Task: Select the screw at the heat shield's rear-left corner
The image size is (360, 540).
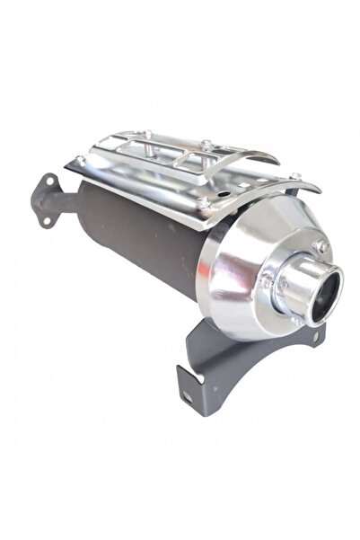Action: (x=80, y=160)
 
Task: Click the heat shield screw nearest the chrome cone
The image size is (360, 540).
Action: (x=203, y=203)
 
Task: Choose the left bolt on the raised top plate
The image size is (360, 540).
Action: (x=145, y=135)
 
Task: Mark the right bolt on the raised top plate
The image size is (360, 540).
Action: (x=206, y=144)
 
